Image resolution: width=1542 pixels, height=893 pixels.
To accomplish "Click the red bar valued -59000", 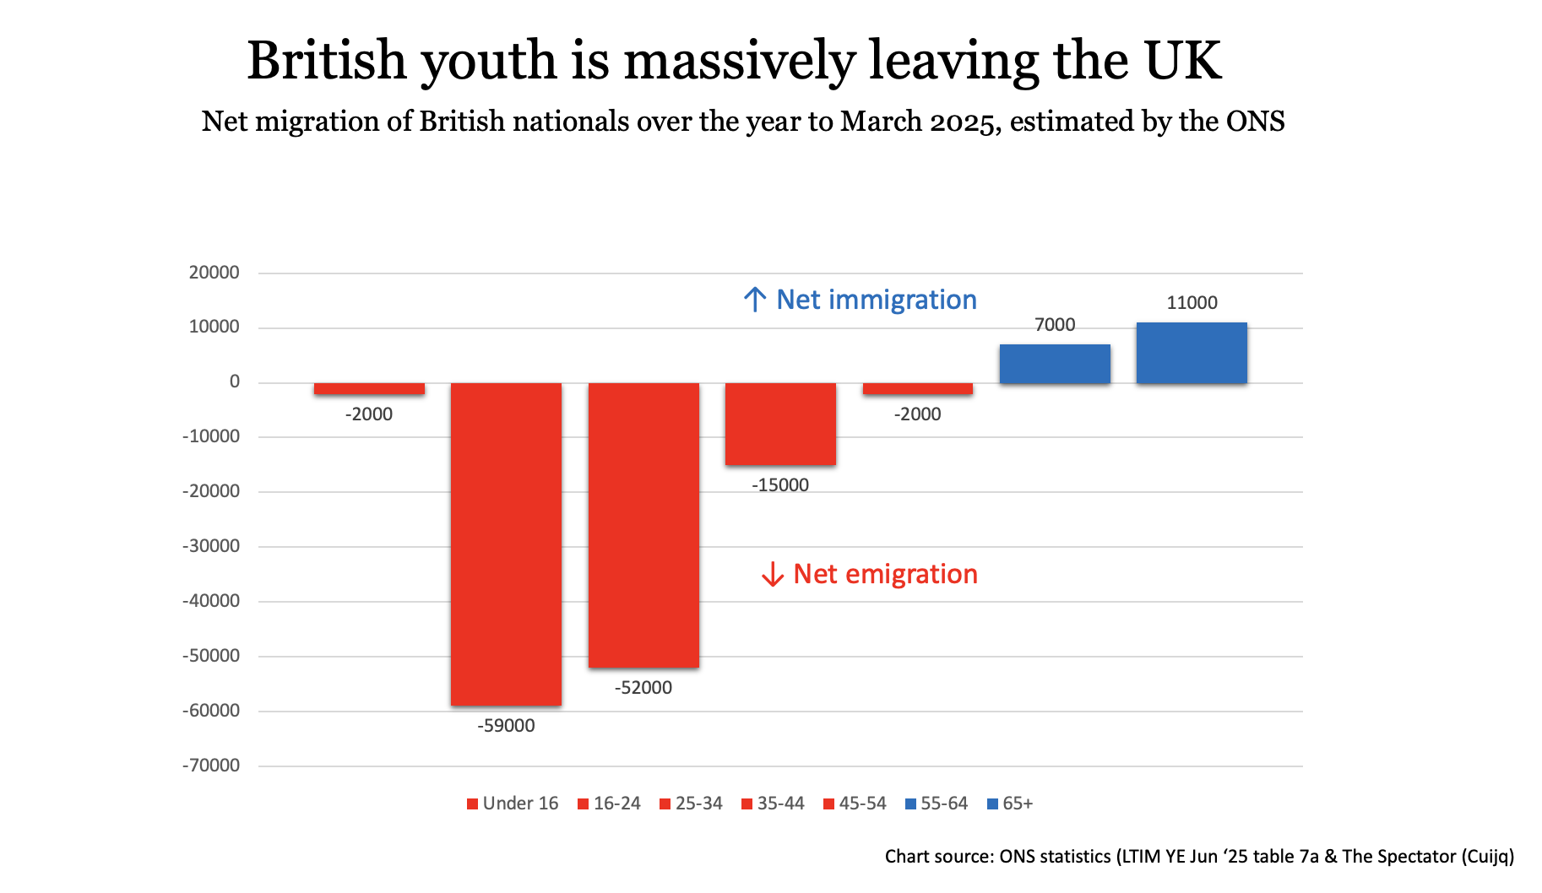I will coord(506,544).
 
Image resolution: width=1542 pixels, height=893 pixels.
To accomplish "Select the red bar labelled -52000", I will coord(643,525).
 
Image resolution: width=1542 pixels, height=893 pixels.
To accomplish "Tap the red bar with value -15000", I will coord(780,424).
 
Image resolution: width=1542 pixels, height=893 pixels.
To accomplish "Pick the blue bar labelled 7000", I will coord(1055,364).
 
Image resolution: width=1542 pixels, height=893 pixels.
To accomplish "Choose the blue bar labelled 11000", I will coord(1192,353).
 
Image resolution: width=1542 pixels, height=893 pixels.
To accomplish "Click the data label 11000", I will coord(1192,303).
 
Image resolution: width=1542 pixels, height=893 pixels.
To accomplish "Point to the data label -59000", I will coord(506,726).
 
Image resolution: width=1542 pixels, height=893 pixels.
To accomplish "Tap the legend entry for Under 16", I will coord(513,804).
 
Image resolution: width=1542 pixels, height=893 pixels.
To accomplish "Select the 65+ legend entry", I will coord(1010,804).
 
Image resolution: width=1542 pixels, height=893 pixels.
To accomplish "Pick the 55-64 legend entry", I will coord(937,804).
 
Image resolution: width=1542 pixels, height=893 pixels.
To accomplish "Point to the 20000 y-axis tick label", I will coord(214,273).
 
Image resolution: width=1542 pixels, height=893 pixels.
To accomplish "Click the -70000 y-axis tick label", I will coord(211,766).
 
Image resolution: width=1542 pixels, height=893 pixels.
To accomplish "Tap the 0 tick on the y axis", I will coord(235,382).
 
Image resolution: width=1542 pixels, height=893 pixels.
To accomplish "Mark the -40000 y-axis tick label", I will coord(211,601).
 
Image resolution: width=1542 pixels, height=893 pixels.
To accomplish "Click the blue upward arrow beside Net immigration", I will coord(755,300).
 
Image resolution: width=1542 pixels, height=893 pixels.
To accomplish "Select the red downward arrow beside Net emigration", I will coord(772,575).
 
